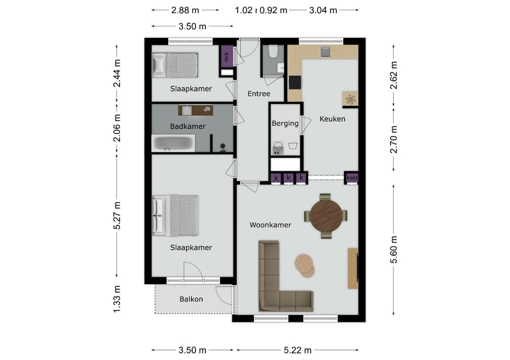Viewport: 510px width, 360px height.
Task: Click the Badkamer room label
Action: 187,126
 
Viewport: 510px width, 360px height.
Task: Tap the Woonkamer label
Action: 270,225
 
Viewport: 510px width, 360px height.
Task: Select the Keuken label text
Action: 332,119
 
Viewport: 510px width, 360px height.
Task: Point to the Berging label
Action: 285,124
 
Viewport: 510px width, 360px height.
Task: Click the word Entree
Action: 259,94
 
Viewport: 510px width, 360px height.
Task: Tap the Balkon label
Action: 191,299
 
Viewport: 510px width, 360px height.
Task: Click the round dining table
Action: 326,216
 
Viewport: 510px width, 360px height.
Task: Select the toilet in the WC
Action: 273,51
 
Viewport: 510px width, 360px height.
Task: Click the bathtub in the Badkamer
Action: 173,143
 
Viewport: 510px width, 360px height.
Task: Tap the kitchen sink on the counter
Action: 325,51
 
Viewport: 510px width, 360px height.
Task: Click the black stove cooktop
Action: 295,83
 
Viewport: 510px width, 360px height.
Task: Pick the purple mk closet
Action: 227,57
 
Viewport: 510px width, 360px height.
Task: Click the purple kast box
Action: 352,178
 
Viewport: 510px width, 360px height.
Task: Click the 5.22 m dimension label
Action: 297,350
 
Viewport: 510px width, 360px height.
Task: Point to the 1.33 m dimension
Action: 117,299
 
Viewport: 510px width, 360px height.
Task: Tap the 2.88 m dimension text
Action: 185,10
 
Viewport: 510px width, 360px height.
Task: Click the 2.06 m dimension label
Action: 117,128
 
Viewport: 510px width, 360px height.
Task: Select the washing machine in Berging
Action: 278,148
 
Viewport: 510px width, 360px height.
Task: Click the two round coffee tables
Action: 305,266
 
